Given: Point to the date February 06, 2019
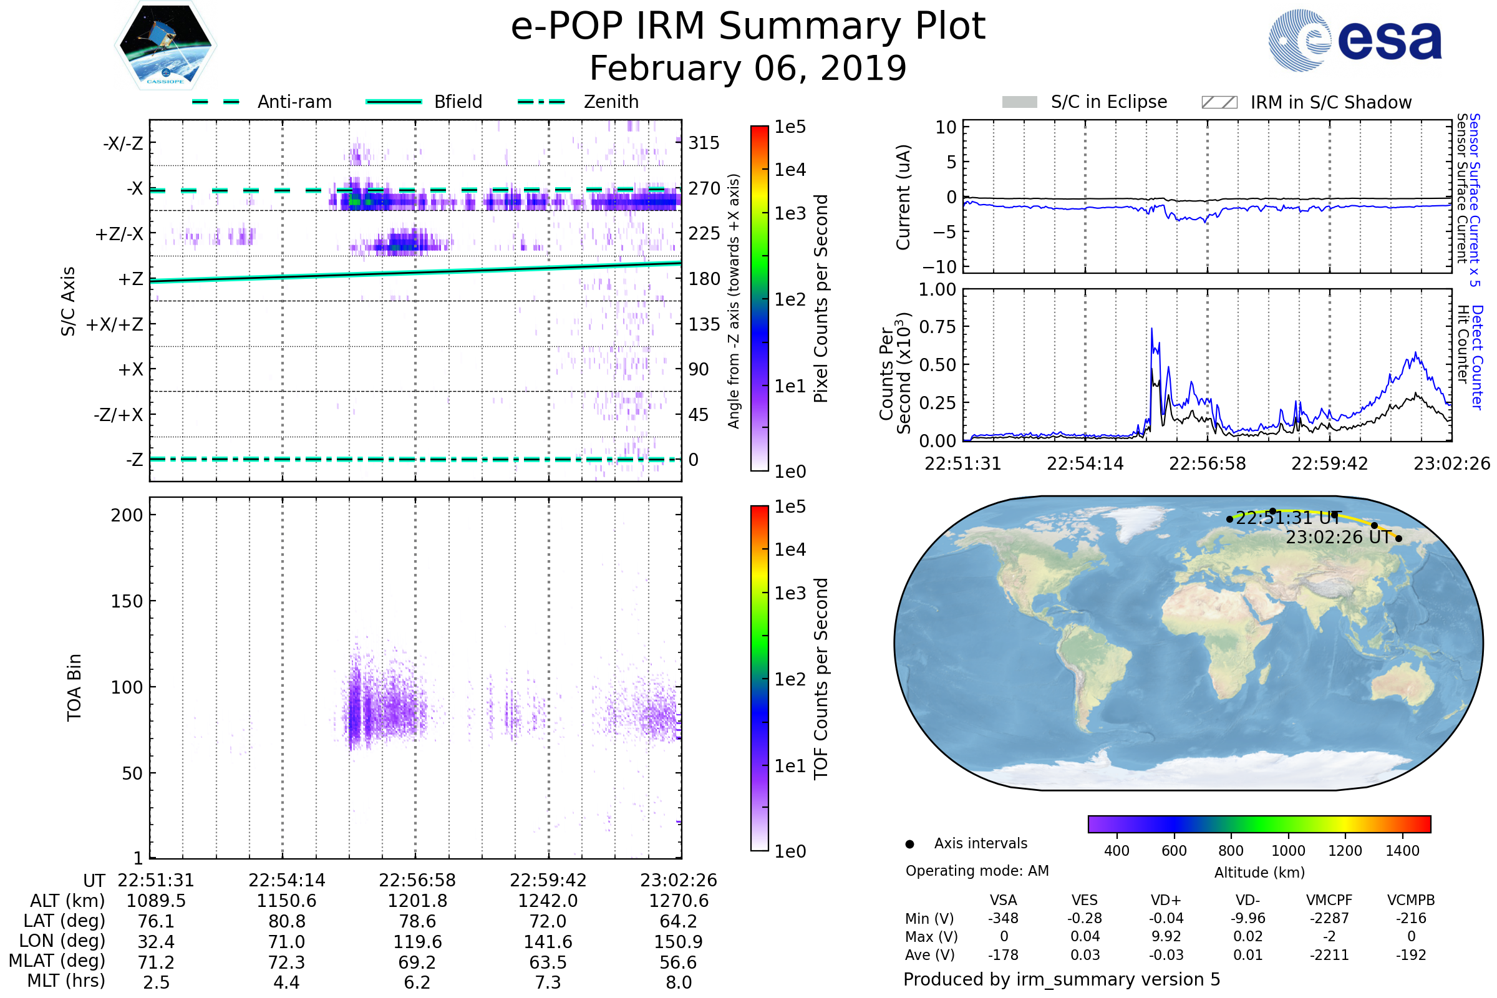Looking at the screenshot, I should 748,68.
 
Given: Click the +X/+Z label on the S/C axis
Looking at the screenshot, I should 115,324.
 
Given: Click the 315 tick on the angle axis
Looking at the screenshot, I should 704,143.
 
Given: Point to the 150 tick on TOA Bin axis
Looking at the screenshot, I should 127,601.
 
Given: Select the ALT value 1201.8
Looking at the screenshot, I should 417,901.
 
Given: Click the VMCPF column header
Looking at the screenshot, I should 1329,901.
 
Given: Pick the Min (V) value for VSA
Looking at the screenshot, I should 1004,918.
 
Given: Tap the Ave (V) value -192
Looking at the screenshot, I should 1411,956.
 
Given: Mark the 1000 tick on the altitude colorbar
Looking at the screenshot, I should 1288,851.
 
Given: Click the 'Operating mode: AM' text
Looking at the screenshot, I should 977,871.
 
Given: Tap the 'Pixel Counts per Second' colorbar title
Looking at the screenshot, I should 821,299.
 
